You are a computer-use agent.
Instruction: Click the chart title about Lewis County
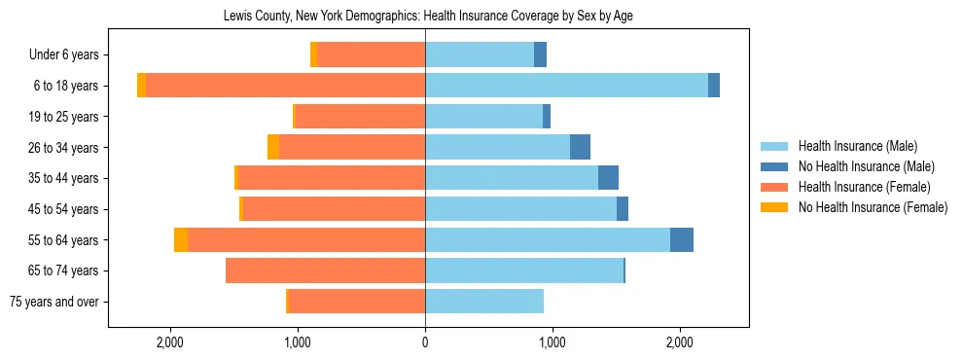pyautogui.click(x=428, y=17)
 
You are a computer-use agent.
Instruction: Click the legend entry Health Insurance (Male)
pyautogui.click(x=857, y=146)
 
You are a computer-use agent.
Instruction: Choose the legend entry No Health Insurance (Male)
pyautogui.click(x=866, y=166)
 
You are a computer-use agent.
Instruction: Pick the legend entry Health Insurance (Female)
pyautogui.click(x=864, y=187)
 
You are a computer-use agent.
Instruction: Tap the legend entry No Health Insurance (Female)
pyautogui.click(x=873, y=207)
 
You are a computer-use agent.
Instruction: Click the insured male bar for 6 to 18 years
pyautogui.click(x=566, y=86)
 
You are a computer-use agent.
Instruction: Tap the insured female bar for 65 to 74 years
pyautogui.click(x=325, y=270)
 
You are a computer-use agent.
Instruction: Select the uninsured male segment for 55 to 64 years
pyautogui.click(x=682, y=240)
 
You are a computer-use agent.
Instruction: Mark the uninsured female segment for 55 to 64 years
pyautogui.click(x=181, y=240)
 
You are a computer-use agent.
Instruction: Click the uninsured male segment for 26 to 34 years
pyautogui.click(x=580, y=148)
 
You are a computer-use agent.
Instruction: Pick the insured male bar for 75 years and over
pyautogui.click(x=484, y=302)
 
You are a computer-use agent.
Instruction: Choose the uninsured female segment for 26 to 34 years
pyautogui.click(x=273, y=148)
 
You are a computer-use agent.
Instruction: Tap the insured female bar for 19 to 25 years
pyautogui.click(x=360, y=117)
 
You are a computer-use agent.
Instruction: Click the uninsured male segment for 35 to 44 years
pyautogui.click(x=608, y=178)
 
